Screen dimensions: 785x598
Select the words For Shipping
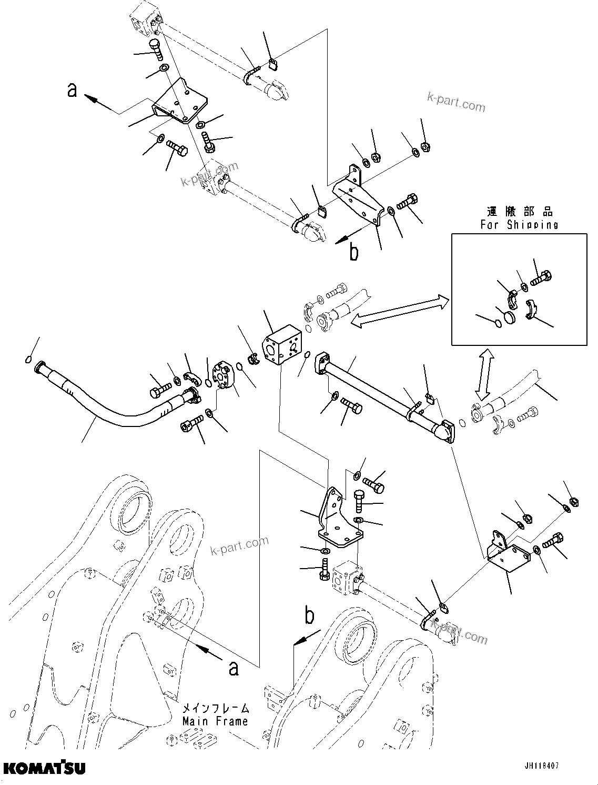click(x=519, y=225)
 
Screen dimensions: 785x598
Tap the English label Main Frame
click(x=215, y=721)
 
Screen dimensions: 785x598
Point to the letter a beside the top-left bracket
click(x=73, y=90)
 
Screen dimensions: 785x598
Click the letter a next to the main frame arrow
click(x=234, y=668)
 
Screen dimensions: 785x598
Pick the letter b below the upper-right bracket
click(x=354, y=252)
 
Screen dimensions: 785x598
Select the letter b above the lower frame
click(x=310, y=616)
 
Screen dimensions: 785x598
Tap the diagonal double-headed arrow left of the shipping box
click(x=400, y=312)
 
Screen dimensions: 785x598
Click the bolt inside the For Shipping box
click(x=540, y=277)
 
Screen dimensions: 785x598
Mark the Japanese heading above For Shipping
click(x=519, y=212)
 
